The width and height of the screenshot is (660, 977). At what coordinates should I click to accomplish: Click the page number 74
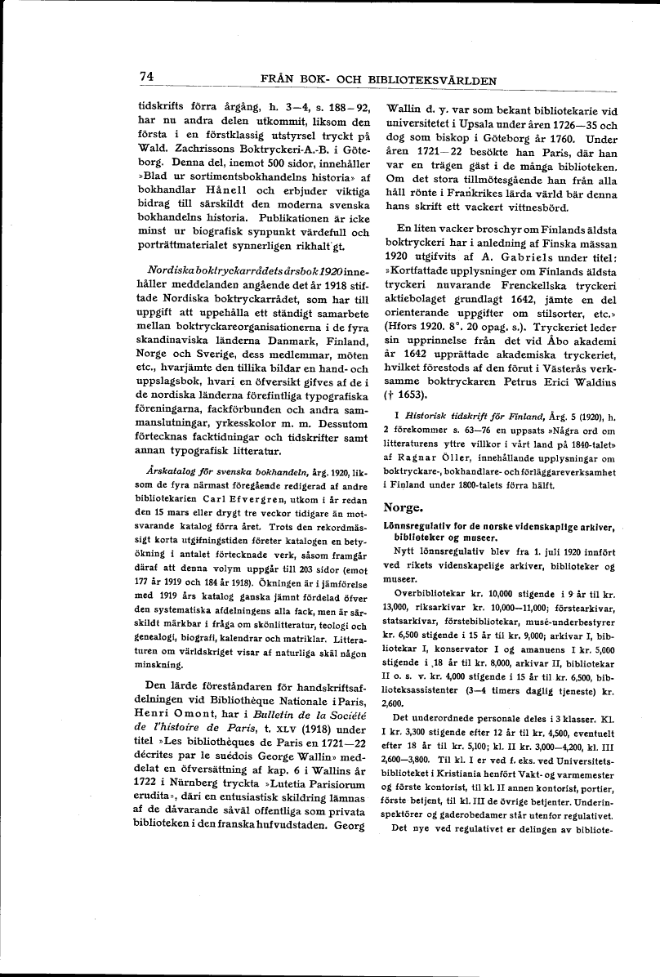click(x=147, y=76)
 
